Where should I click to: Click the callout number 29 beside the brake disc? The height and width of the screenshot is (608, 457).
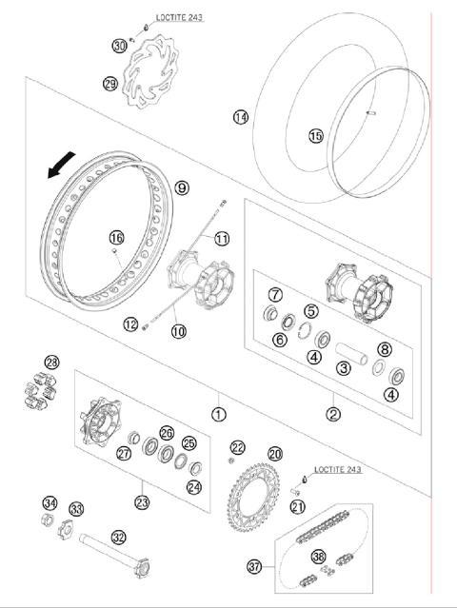[109, 84]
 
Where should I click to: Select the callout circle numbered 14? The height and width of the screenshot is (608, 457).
[240, 117]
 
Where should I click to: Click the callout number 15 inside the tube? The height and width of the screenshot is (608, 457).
[315, 136]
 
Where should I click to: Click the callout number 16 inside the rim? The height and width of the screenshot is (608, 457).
[116, 238]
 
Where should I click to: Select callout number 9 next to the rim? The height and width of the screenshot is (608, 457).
[182, 188]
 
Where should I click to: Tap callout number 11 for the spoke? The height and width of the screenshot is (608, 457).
[222, 238]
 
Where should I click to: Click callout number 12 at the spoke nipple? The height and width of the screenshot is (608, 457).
[130, 324]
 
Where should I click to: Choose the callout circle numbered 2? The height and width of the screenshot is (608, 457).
[333, 414]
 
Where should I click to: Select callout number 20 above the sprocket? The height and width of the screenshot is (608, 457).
[274, 454]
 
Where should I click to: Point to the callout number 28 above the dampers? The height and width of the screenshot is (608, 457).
[51, 362]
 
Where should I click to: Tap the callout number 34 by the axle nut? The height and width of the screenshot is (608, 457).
[50, 503]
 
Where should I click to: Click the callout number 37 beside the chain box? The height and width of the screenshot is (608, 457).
[254, 566]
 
